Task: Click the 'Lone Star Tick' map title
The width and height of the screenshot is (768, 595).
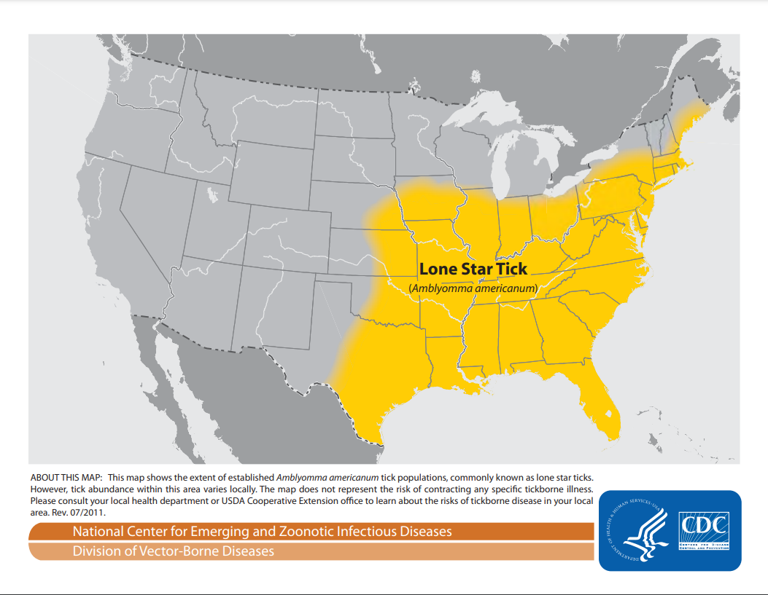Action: click(473, 269)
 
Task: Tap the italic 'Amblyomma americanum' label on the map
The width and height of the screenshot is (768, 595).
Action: click(473, 289)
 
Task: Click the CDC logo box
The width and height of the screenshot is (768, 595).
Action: click(705, 530)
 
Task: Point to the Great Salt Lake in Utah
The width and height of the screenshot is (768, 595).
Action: click(212, 195)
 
